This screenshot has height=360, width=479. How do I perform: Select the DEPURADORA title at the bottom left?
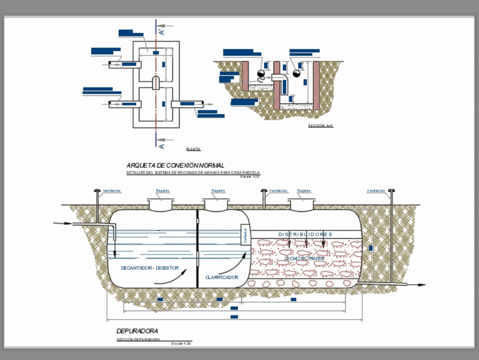click(137, 331)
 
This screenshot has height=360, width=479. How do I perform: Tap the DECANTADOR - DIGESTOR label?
click(149, 268)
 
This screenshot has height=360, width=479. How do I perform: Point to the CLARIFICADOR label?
click(222, 277)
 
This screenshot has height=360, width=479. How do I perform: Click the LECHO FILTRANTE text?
click(305, 259)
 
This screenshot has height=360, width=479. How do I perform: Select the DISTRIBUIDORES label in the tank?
click(305, 234)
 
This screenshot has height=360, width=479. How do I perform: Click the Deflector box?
click(245, 236)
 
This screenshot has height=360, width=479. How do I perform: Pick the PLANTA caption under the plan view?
click(194, 149)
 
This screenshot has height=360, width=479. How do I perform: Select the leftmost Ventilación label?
click(112, 191)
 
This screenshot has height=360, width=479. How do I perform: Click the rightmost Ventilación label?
click(376, 191)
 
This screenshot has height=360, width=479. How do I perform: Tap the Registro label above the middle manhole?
click(218, 191)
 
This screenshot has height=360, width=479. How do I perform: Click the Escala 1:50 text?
click(182, 344)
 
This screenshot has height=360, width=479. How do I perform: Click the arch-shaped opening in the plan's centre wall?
click(156, 82)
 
